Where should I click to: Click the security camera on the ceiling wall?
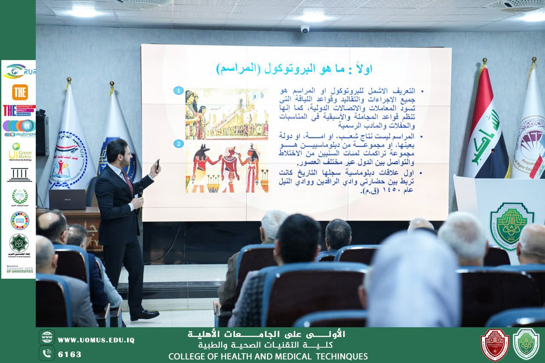point(305,29)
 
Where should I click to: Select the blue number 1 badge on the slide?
point(178,91)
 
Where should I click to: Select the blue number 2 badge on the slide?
point(178,144)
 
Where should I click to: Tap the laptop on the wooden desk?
point(67,199)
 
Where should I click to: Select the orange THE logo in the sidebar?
point(20,92)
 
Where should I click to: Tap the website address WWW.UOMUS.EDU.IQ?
point(96,340)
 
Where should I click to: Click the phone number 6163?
point(69,354)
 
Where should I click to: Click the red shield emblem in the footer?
point(494,344)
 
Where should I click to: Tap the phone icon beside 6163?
point(47,353)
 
